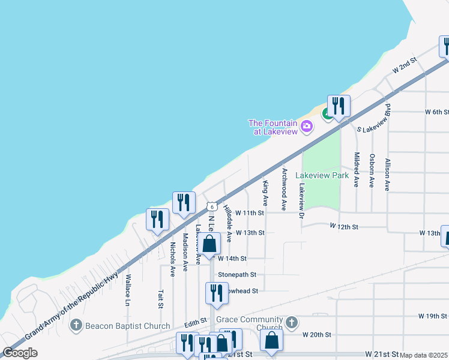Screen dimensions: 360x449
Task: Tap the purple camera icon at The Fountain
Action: click(x=307, y=126)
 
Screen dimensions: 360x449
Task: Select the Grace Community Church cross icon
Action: click(x=291, y=323)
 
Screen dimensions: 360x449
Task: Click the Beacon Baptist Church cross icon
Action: click(x=76, y=326)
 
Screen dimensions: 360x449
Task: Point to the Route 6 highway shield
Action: click(x=212, y=206)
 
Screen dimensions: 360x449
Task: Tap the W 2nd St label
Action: click(x=405, y=66)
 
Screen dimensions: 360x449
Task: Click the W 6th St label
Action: click(x=437, y=112)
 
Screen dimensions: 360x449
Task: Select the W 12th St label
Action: click(x=344, y=227)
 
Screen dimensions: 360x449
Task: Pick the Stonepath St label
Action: click(x=237, y=274)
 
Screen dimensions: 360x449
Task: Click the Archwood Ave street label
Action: click(x=284, y=189)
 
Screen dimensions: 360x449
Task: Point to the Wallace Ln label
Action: click(x=128, y=290)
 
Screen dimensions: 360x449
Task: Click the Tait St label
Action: click(x=161, y=299)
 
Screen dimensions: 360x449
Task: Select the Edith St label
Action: click(x=196, y=322)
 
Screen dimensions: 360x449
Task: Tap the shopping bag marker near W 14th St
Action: click(x=209, y=244)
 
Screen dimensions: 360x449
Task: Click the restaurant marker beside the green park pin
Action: click(x=339, y=106)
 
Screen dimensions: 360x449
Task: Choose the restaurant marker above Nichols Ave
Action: click(x=158, y=219)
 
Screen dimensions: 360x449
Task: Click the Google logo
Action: click(x=20, y=353)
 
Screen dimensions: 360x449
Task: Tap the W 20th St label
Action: click(x=317, y=334)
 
